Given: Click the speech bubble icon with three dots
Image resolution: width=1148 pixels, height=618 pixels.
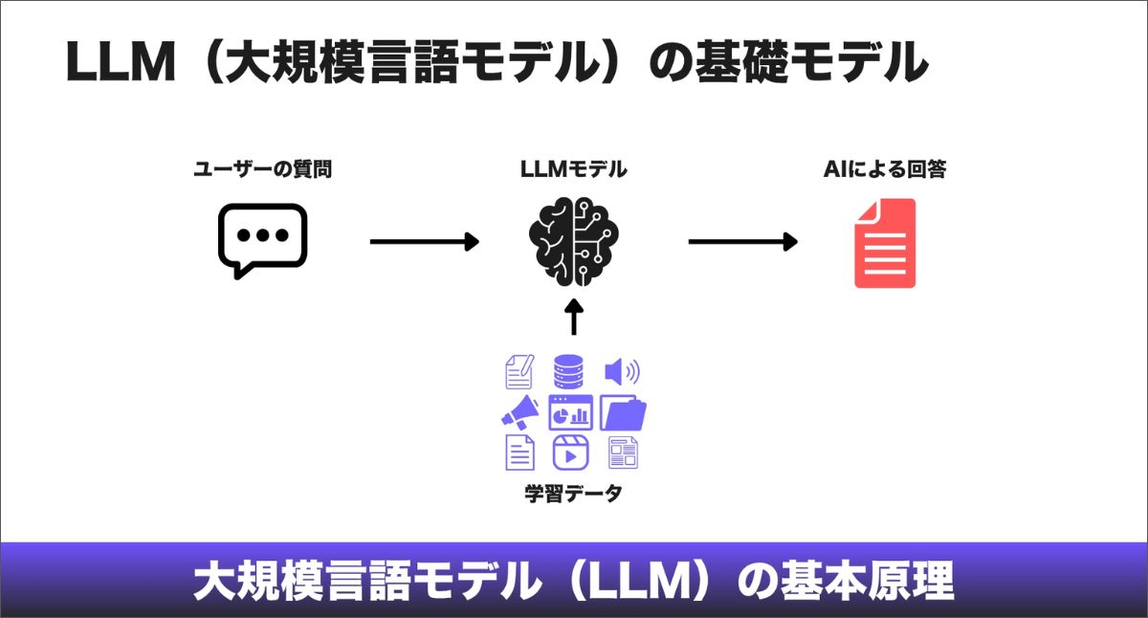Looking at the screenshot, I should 262,239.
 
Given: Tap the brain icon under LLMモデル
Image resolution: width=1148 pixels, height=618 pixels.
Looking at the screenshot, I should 574,241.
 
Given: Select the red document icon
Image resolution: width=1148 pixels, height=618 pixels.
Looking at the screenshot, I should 885,243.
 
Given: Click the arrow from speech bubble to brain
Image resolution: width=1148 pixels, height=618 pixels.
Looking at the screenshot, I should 424,242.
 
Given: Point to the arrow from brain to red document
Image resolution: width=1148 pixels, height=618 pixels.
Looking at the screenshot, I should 742,242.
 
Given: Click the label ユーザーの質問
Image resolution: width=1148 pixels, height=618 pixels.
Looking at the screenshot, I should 263,170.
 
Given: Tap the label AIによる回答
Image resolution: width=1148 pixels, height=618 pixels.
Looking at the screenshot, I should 885,170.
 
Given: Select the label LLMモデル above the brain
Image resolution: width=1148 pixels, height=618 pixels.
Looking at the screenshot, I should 574,170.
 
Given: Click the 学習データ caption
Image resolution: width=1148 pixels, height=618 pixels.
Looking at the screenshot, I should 573,494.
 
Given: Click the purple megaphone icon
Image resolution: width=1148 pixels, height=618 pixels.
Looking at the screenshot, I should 520,412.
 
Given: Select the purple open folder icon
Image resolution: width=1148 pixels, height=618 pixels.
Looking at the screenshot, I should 623,412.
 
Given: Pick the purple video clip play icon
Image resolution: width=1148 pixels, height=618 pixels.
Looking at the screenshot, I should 570,452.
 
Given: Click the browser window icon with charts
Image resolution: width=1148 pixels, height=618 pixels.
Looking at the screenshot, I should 570,412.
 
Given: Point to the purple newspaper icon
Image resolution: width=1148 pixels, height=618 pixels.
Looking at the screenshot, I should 623,452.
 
